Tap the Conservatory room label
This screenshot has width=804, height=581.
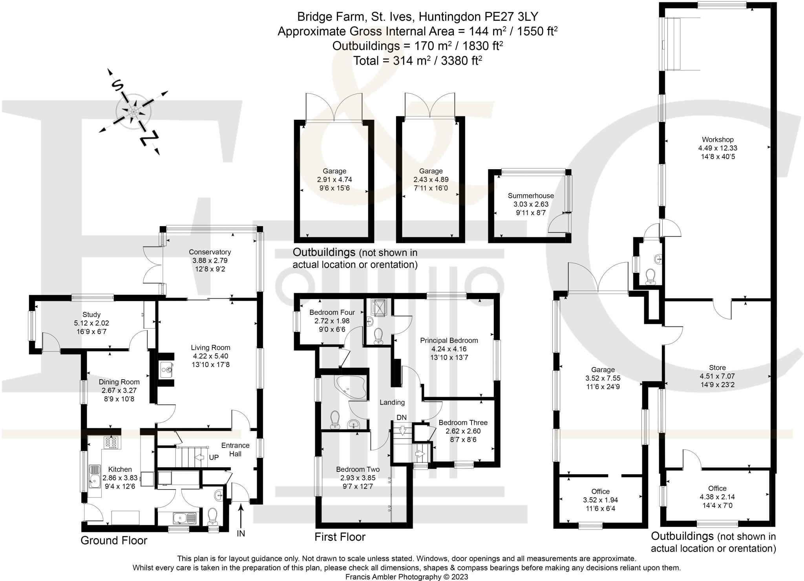coord(210,252)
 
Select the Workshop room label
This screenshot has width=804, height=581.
coord(718,139)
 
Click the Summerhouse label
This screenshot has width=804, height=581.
coord(531,195)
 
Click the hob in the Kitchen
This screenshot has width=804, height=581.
coord(111,442)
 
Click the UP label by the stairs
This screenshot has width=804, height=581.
coord(214,458)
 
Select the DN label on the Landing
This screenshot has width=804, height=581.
coord(402,417)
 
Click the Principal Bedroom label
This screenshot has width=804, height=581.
coord(449,340)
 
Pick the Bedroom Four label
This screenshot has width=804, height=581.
coord(332,312)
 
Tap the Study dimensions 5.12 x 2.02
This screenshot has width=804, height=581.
coord(91,323)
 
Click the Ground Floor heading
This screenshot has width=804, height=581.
coord(114,541)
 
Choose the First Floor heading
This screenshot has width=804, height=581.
coord(340,537)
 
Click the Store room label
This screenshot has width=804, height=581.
coord(717,368)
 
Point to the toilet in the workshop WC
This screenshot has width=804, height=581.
coord(651,276)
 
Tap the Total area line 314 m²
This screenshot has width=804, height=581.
coord(418,61)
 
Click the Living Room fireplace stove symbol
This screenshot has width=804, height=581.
coord(167,370)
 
